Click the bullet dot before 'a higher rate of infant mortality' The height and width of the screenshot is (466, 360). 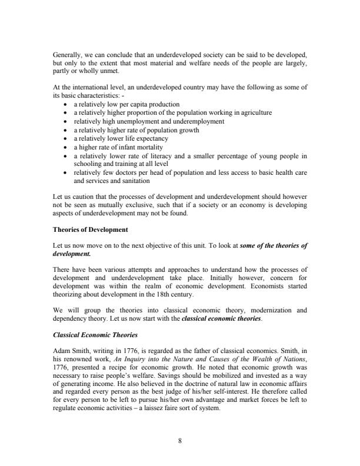pos(64,147)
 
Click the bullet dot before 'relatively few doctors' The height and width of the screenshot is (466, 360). pos(64,174)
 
